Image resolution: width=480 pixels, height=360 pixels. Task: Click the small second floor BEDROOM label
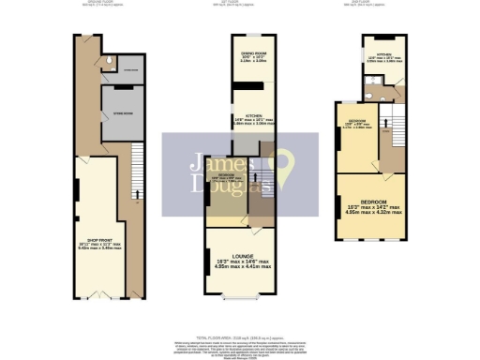[x=357, y=122]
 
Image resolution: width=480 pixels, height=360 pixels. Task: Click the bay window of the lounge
[x=239, y=298]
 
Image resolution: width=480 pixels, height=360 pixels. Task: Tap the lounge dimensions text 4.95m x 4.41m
[x=239, y=267]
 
